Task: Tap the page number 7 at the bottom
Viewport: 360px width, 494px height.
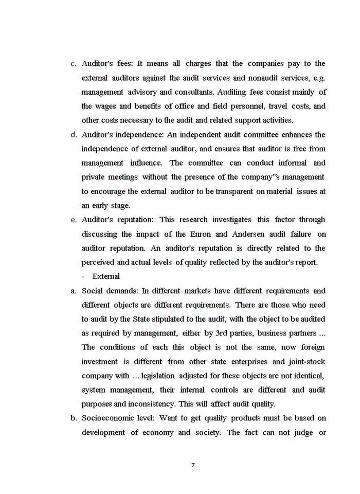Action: pos(193,465)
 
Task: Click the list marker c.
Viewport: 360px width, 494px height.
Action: pos(74,64)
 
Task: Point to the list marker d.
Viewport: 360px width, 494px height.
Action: pos(74,135)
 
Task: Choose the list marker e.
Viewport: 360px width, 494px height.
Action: pos(74,220)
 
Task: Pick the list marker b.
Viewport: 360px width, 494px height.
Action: pos(74,418)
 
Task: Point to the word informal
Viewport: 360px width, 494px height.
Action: pos(292,163)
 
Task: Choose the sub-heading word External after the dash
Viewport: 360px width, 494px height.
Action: pos(106,276)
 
